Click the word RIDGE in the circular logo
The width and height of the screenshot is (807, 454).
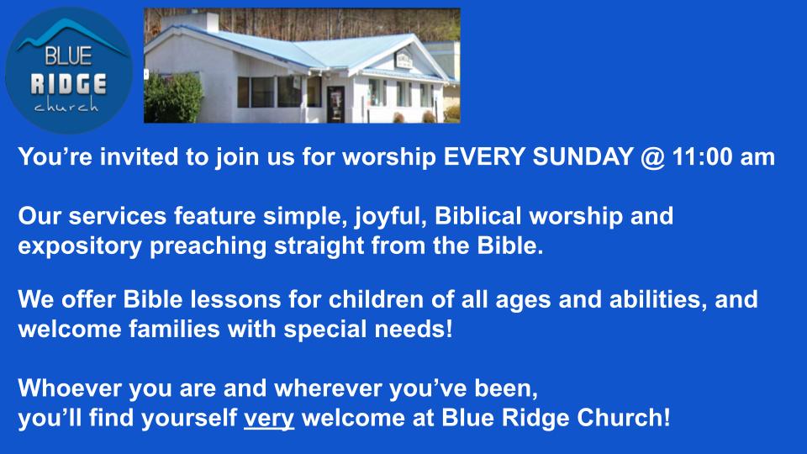point(68,84)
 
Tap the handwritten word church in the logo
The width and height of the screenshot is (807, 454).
point(66,105)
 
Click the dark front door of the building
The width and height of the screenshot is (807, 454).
point(335,104)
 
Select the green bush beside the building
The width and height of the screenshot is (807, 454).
point(173,98)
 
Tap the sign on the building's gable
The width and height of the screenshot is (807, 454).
point(403,61)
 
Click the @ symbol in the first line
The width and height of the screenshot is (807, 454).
point(652,157)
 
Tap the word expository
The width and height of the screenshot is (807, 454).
point(80,247)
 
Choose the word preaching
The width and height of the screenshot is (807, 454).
point(208,247)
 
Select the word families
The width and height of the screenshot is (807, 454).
point(175,330)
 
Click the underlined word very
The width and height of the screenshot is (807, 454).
point(269,419)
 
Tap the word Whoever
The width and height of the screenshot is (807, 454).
point(70,388)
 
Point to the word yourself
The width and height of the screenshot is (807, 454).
point(189,419)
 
